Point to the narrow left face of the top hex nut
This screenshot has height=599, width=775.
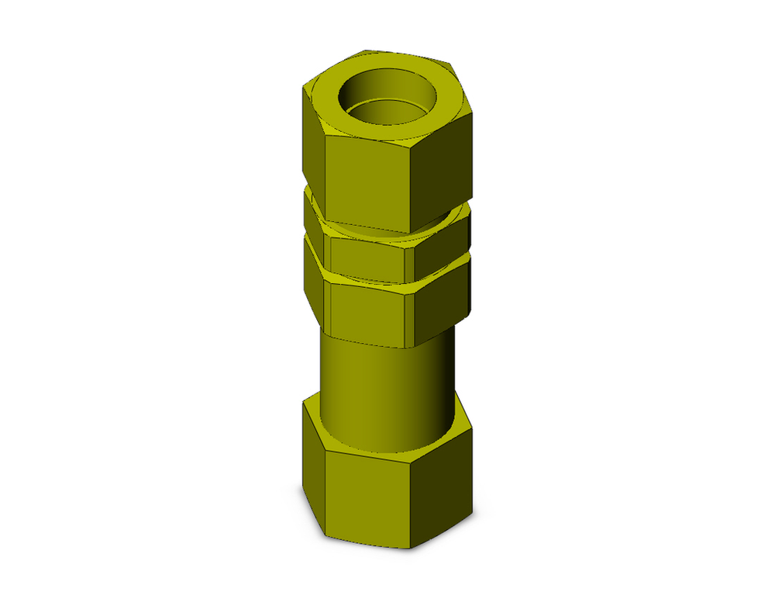point(312,140)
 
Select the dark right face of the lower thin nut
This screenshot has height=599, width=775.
point(442,299)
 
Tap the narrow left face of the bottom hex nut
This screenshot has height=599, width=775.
point(312,466)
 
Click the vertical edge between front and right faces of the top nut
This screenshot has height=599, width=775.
point(408,186)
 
